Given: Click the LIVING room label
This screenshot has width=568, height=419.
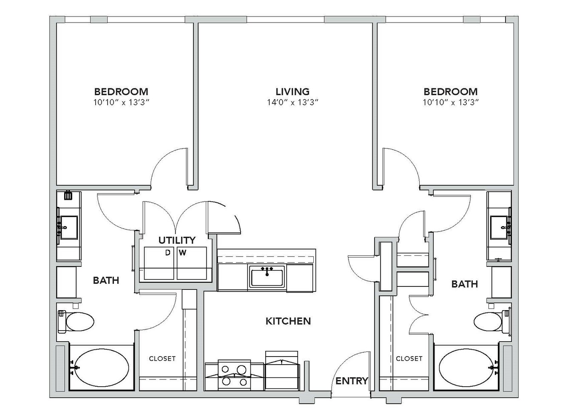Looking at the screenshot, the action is pos(293,91).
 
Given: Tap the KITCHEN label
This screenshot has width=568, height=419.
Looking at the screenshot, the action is pos(288,321).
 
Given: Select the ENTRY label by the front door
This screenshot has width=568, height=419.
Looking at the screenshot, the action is pos(352,381).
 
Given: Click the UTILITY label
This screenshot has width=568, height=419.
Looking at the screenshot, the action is pos(177,240).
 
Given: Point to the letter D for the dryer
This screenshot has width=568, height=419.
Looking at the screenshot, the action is pos(168,253).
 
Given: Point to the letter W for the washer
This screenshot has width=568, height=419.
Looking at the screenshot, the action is pos(182,253).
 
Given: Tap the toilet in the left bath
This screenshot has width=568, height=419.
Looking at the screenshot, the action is pos(76,322).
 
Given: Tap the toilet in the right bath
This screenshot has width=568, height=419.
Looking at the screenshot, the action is pos(492,322).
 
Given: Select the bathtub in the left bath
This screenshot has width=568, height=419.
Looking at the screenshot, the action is pos(102,368).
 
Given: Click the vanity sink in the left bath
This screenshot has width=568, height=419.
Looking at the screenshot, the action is pos(68,227).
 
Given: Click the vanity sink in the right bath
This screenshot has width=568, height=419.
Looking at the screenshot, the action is pos(500,227).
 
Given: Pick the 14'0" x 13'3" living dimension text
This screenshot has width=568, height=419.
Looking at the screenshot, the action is pos(293,103).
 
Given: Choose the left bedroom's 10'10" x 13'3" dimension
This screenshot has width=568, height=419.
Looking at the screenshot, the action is pos(121,103).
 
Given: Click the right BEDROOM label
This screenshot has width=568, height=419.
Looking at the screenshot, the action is pos(451,91).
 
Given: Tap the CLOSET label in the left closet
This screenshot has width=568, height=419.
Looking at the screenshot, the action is pos(162,359).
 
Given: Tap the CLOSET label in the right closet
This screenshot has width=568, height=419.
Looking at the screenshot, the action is pos(409,359).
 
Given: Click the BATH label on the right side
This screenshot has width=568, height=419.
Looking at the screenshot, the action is pos(465,284).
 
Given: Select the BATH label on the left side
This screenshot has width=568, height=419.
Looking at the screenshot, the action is pos(106,280).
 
